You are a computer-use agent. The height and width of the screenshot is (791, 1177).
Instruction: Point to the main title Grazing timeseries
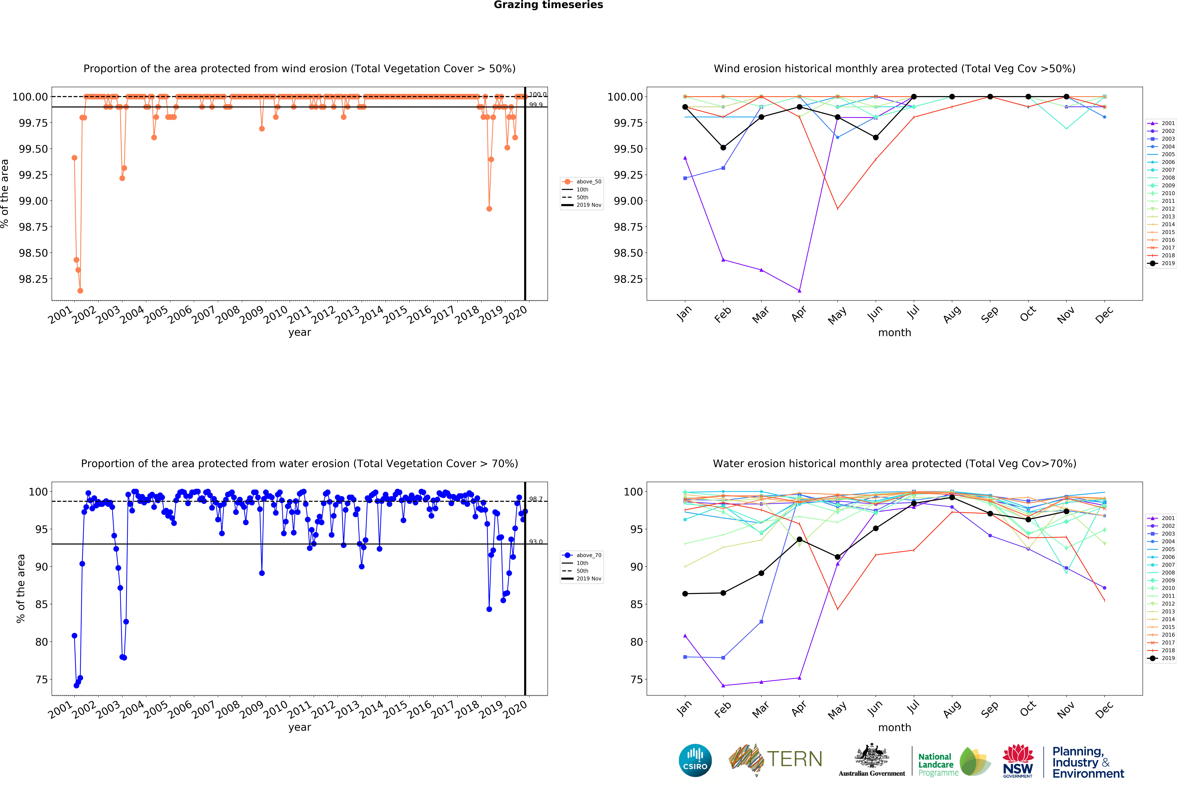548,5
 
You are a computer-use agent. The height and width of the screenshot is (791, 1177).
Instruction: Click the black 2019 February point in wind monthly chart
723,148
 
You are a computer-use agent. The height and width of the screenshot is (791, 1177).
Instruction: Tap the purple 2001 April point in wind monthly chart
799,291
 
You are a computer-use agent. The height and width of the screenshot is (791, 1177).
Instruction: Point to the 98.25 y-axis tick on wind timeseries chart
33,279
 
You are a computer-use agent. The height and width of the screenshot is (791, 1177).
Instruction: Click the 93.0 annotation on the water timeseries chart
535,542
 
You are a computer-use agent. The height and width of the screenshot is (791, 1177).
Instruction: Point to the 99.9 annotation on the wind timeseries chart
535,105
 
